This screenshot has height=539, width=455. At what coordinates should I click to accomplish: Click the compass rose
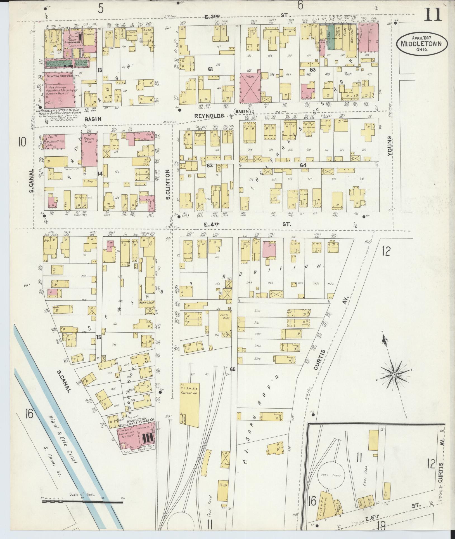(x=394, y=374)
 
